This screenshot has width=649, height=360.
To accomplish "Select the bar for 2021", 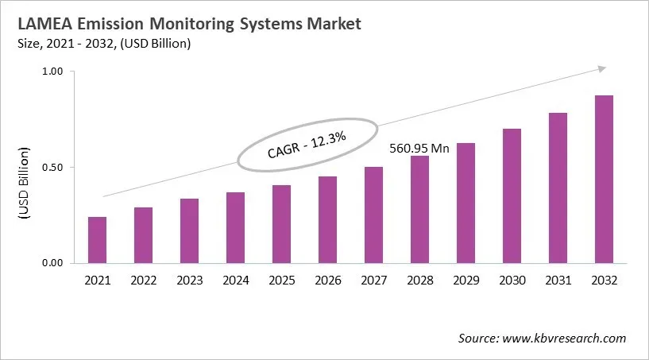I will (97, 240).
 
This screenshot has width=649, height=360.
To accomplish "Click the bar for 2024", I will (235, 227).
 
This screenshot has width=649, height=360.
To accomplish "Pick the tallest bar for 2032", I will (604, 179).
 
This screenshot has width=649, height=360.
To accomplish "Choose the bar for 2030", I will (512, 195).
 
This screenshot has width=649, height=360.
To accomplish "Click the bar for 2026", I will (327, 219).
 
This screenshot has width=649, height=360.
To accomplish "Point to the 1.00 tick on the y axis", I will (52, 72).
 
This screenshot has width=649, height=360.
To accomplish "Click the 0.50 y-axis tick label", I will (52, 168).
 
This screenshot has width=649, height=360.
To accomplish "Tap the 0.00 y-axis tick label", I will (52, 263).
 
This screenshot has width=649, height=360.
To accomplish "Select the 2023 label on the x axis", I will (189, 281).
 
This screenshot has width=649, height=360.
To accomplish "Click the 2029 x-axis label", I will (466, 281).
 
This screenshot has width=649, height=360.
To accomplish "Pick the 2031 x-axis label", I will (558, 281).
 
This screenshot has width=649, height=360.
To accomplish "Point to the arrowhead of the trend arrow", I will (601, 69).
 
